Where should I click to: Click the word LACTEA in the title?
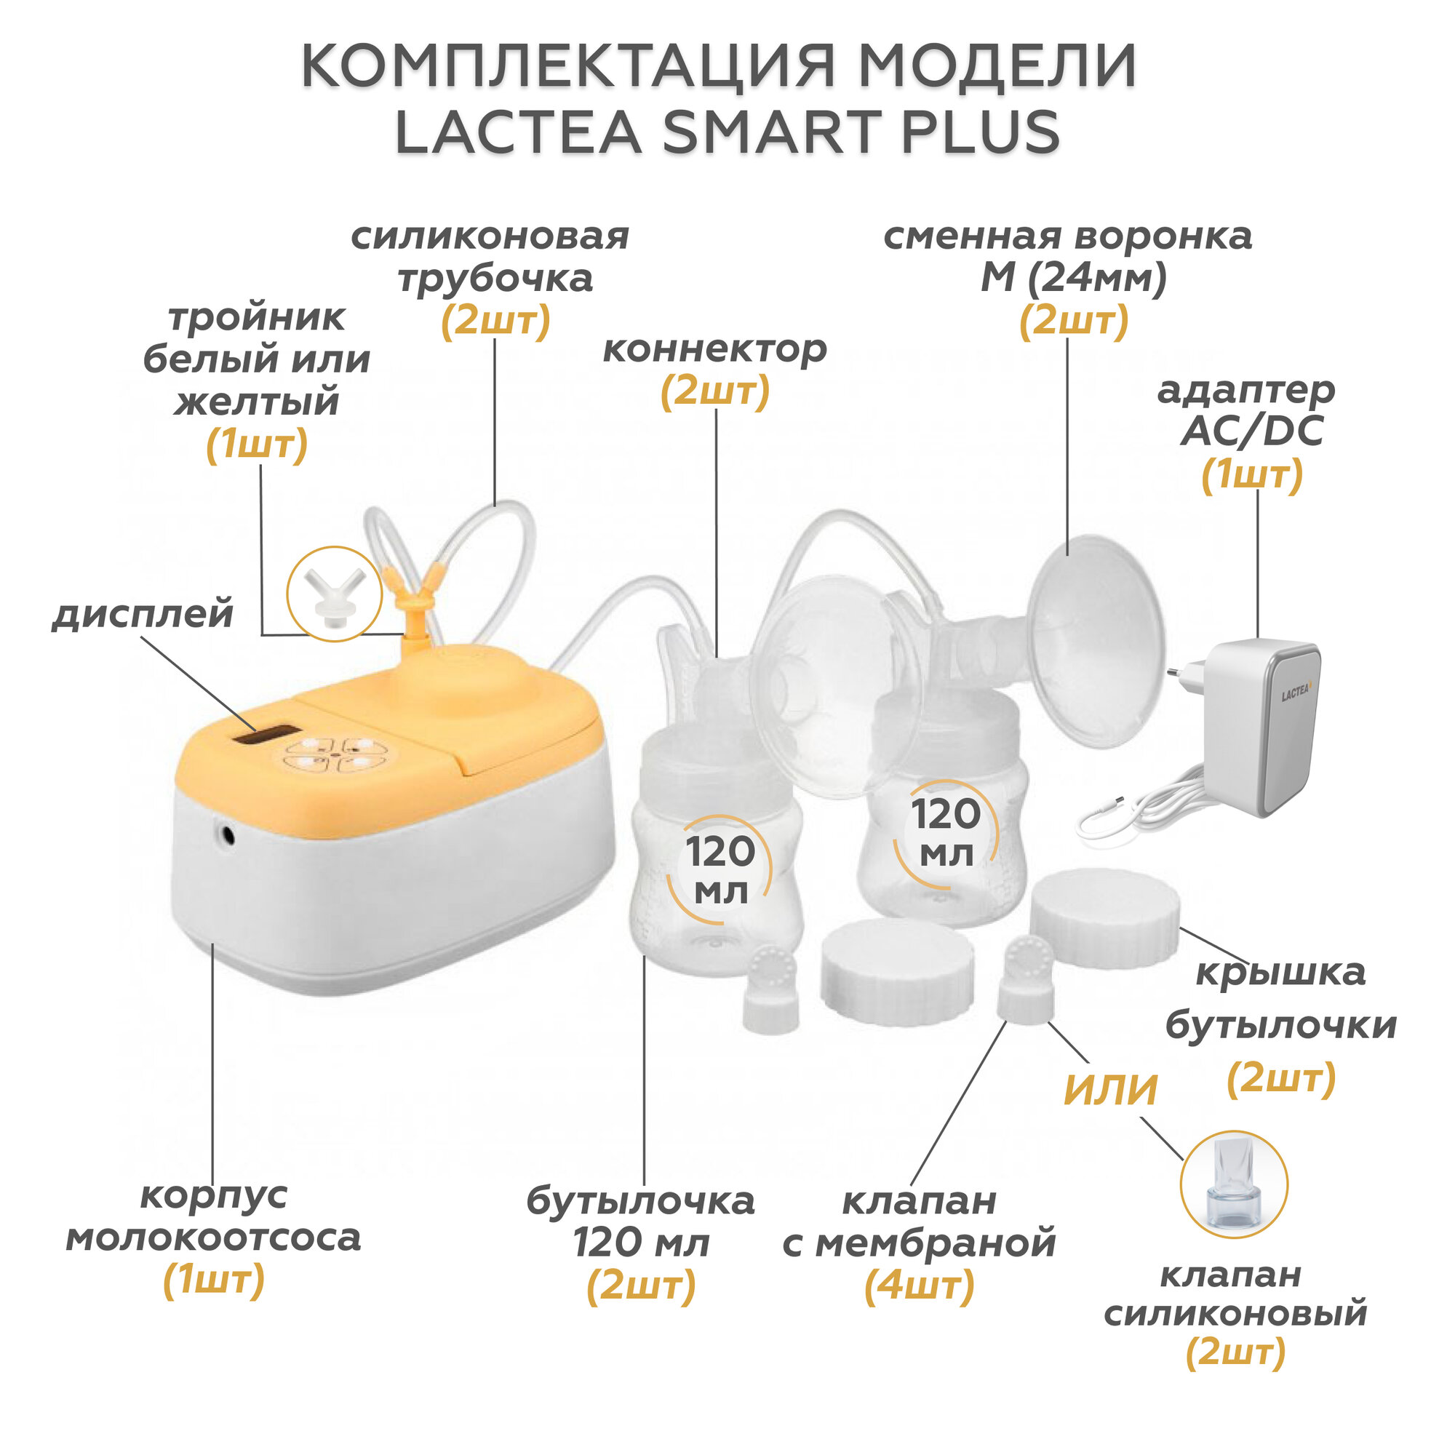click(x=518, y=132)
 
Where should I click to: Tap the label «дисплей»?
click(x=143, y=614)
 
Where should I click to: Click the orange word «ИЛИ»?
click(x=1110, y=1090)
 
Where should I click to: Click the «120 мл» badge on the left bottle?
click(x=719, y=870)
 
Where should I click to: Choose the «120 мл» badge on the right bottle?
click(x=946, y=832)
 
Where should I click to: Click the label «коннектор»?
click(x=714, y=348)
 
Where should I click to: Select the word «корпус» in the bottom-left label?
click(x=214, y=1195)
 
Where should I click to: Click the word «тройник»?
click(x=257, y=317)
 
